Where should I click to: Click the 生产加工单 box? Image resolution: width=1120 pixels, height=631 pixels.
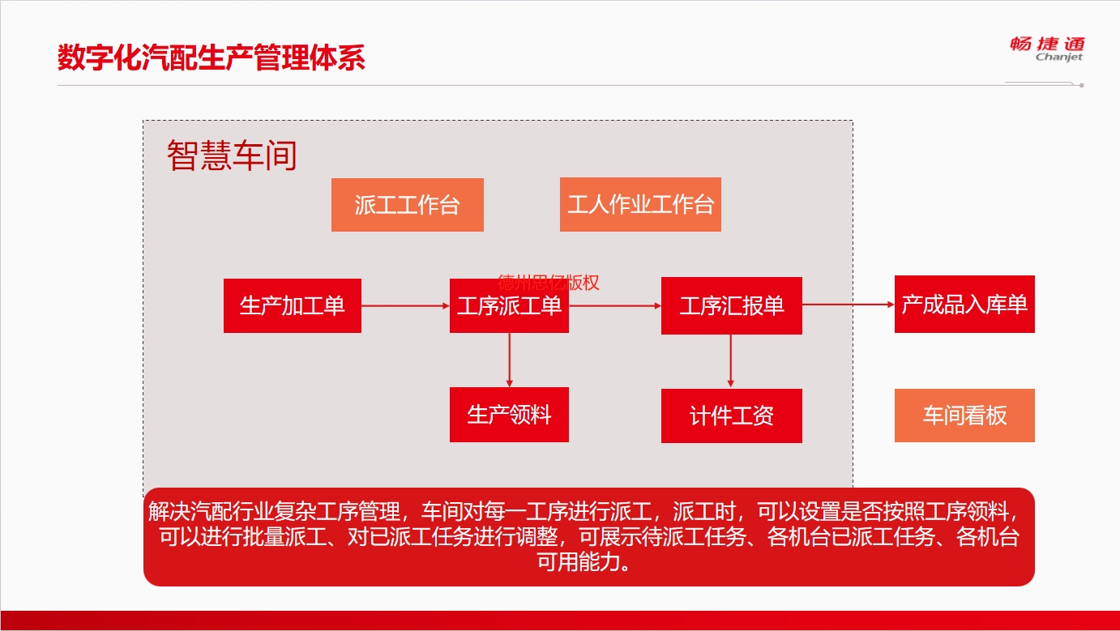(x=293, y=305)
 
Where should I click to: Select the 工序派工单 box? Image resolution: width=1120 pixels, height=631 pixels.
(x=509, y=305)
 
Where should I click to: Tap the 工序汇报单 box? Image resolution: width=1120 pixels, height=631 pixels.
(x=732, y=305)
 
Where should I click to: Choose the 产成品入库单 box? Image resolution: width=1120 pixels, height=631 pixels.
(x=964, y=304)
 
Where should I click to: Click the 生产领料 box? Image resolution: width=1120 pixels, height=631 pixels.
(x=509, y=415)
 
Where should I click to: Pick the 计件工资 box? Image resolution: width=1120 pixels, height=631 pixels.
(x=732, y=416)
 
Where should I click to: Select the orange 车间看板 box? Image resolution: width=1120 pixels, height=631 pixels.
(x=964, y=416)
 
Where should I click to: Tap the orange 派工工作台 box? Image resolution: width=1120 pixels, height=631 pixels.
(x=408, y=205)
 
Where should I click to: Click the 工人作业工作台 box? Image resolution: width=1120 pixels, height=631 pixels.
(x=640, y=204)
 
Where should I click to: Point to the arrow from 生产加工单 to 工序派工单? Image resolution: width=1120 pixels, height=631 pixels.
(x=405, y=305)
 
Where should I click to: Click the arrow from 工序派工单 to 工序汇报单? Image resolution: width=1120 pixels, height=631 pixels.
(x=615, y=305)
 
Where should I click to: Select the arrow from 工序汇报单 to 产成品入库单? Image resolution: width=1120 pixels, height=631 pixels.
(x=849, y=304)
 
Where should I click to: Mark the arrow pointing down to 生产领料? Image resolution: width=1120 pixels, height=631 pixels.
(x=510, y=360)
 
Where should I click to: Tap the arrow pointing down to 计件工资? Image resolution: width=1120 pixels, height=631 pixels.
(x=731, y=361)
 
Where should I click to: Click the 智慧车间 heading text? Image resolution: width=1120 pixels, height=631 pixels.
(x=232, y=156)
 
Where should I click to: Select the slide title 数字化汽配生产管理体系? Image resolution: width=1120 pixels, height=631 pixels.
(x=212, y=58)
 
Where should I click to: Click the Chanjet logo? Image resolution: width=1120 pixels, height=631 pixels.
(x=1047, y=49)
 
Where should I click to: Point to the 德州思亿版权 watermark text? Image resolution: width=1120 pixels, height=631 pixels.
(x=549, y=283)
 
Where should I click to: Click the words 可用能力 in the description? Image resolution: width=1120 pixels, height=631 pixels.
(x=579, y=561)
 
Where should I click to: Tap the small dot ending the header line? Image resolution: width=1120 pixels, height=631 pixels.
(x=1081, y=85)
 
